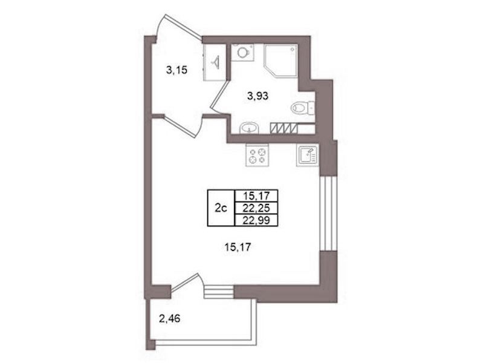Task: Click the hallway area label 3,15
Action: (177, 71)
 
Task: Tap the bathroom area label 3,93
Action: (258, 96)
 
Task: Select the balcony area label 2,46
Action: (169, 318)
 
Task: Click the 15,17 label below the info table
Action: (236, 247)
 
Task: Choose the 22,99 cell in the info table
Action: (256, 220)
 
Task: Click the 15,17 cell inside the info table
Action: (256, 196)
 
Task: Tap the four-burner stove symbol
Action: (258, 155)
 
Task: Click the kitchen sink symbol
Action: (308, 155)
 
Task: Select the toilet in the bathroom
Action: (302, 108)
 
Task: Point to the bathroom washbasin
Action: (250, 128)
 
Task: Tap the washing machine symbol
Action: (242, 53)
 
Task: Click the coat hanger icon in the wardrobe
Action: (215, 62)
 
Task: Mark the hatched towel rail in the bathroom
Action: (284, 128)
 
